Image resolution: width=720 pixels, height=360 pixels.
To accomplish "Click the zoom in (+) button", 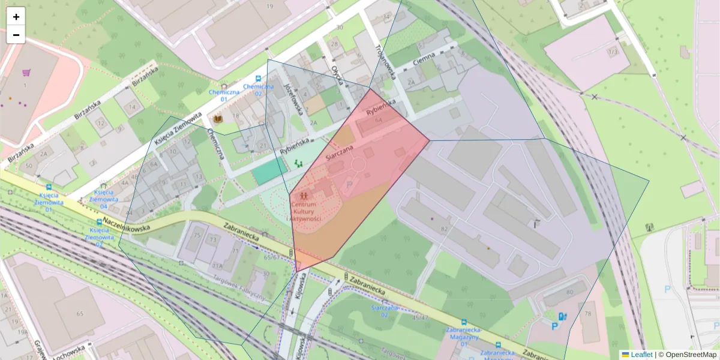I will point(16,16).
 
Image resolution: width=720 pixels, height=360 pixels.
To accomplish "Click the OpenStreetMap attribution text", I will point(690,355).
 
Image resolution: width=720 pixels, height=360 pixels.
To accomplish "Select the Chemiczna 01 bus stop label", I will point(224,95).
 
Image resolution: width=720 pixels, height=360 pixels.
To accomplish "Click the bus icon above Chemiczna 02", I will point(258,79).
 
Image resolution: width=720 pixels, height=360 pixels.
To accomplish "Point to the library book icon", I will point(218,119).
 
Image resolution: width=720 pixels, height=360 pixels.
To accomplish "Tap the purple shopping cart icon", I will point(26,73).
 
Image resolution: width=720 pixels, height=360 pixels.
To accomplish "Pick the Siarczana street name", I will point(341,151).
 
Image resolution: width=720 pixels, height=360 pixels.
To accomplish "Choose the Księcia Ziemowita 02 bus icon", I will point(99,222).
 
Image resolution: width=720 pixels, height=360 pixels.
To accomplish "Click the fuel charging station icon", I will point(562,316).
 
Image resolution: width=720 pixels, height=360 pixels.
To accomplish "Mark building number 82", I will point(445,229).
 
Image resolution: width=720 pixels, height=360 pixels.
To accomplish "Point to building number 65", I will point(80,313).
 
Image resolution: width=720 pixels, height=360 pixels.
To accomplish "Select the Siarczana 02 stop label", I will point(384,311).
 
